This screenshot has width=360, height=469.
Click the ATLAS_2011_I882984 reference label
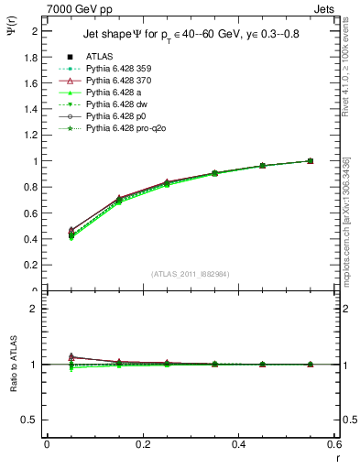[191, 274]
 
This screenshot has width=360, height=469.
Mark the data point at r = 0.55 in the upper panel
[310, 161]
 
